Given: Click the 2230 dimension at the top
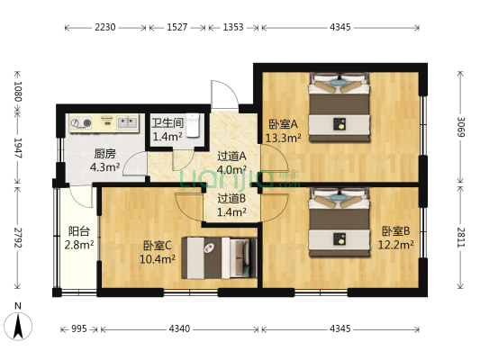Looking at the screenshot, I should [105, 28].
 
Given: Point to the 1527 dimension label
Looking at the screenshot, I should [177, 28].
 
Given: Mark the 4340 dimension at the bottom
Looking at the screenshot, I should [178, 329].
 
